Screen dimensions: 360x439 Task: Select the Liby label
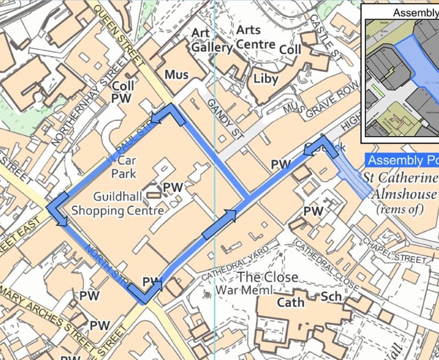266,78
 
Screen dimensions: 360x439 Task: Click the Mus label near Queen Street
176,73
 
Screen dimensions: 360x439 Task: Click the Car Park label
123,165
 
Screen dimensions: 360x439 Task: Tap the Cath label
290,302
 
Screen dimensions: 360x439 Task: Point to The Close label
268,277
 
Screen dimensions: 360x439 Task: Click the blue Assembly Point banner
402,160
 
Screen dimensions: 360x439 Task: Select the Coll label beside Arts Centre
291,50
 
